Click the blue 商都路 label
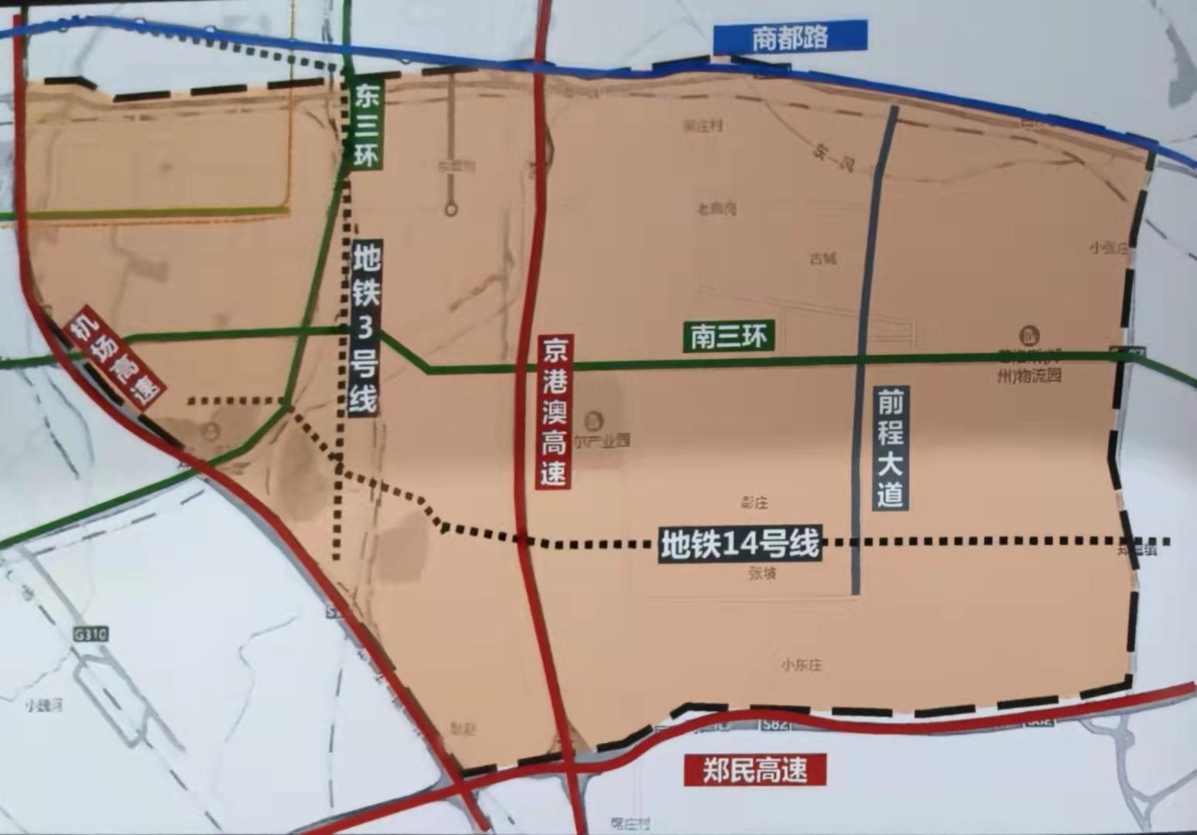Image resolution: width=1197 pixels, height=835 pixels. click(789, 38)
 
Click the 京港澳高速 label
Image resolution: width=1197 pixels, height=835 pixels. click(554, 411)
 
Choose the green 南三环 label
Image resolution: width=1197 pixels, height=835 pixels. click(728, 336)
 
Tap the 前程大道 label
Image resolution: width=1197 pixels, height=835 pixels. click(891, 447)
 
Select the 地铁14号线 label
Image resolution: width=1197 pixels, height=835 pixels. click(740, 544)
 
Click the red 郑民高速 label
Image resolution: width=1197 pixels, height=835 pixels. click(754, 770)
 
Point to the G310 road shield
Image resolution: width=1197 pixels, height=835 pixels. click(91, 635)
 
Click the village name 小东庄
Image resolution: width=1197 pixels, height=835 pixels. click(801, 665)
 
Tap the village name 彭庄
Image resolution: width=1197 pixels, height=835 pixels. click(754, 503)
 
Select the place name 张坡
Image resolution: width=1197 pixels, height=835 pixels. click(762, 573)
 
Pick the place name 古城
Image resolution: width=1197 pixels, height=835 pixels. click(823, 259)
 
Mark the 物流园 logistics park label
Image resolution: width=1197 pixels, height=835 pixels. click(1029, 375)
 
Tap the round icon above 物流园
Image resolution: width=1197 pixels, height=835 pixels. click(1029, 337)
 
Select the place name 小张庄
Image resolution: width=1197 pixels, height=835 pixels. click(1110, 248)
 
